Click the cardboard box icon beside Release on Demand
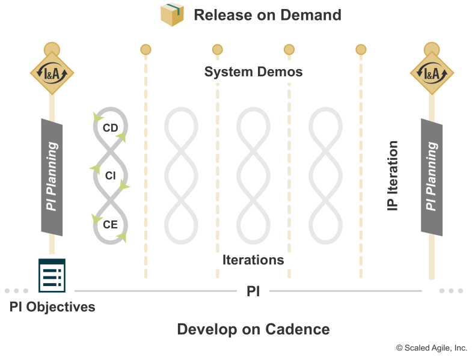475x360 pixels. tap(172, 14)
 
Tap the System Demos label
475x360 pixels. tap(253, 72)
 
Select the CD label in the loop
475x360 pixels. tap(110, 128)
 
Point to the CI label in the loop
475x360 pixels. tap(110, 175)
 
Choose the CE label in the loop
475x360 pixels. tap(110, 225)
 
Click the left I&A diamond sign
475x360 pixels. tap(52, 73)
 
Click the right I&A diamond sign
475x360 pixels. tap(432, 73)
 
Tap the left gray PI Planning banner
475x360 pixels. tap(52, 177)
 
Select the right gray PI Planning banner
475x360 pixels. tap(432, 177)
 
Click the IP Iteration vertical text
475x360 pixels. tap(393, 175)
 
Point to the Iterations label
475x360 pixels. tap(253, 260)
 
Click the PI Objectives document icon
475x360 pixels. tap(52, 275)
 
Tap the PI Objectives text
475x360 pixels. tap(52, 307)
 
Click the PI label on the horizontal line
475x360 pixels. tap(253, 291)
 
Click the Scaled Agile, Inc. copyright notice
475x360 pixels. tap(432, 348)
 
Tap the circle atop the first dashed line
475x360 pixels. tap(146, 49)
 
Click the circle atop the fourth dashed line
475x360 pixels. tap(361, 49)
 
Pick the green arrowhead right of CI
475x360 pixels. tap(124, 185)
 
